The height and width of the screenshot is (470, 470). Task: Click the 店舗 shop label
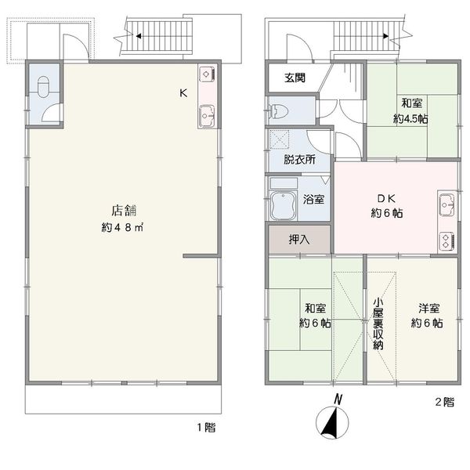click(124, 211)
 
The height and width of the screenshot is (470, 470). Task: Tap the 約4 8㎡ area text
click(122, 227)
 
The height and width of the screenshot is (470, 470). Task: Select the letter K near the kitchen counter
click(183, 93)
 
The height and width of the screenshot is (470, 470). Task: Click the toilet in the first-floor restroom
click(43, 87)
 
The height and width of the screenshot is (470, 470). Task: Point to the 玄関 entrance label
click(295, 78)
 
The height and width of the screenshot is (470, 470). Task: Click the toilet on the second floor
click(278, 111)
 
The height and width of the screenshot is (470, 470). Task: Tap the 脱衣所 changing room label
click(299, 160)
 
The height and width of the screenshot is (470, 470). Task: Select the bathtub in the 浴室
click(284, 205)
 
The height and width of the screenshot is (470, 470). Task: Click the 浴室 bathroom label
click(313, 199)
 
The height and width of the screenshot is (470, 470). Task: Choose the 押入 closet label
click(299, 239)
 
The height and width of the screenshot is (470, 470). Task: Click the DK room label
click(386, 198)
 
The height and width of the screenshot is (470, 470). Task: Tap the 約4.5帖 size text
click(410, 119)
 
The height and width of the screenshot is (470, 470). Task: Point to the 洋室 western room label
click(429, 308)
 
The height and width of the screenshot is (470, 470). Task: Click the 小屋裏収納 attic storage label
click(378, 324)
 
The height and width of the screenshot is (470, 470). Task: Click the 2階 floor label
click(445, 402)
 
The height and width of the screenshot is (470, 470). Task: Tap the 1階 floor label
click(206, 428)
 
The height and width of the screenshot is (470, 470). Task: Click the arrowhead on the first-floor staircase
click(139, 36)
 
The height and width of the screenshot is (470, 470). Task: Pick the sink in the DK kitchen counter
click(446, 205)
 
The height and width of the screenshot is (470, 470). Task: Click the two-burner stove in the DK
click(446, 240)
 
